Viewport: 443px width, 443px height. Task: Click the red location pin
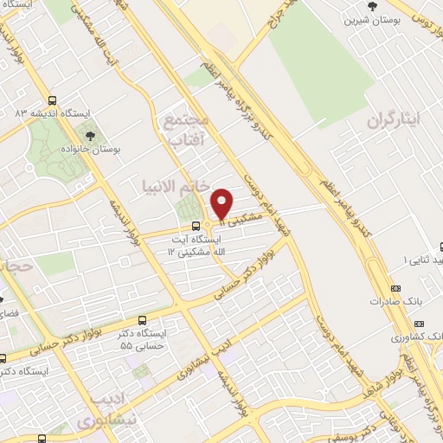coord(222,202)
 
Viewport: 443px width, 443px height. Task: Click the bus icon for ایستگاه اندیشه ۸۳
coord(53,100)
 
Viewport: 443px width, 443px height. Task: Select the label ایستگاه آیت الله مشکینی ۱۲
coord(196,244)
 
